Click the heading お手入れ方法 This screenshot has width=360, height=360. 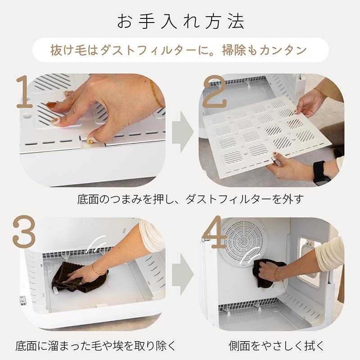click(180, 22)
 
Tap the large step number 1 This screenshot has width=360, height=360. click(25, 93)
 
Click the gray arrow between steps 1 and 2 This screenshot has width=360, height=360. click(182, 130)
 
